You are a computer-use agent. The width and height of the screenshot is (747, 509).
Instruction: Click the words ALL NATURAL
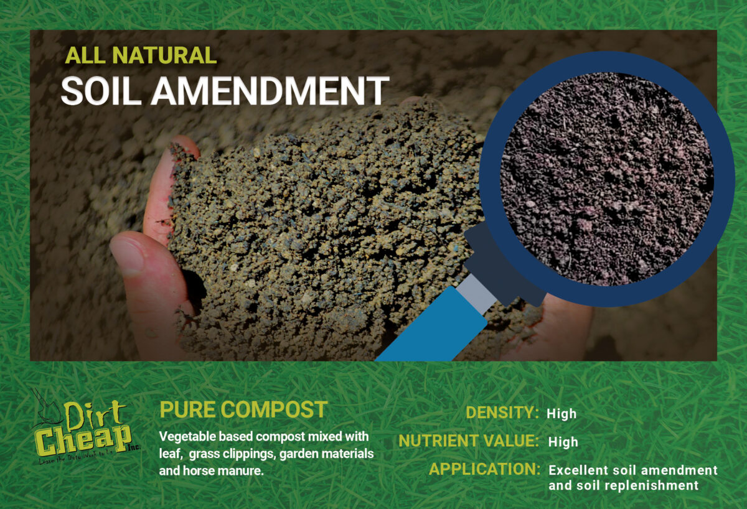pyautogui.click(x=141, y=56)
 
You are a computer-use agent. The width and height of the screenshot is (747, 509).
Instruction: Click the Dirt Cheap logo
pyautogui.click(x=85, y=429)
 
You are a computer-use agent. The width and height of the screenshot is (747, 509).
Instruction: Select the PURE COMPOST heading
pyautogui.click(x=243, y=410)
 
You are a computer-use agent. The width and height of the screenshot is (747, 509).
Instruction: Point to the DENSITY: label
pyautogui.click(x=502, y=413)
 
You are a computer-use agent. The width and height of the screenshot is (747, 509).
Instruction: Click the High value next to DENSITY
pyautogui.click(x=561, y=414)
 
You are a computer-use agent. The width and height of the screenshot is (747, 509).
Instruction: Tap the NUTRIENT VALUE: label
pyautogui.click(x=468, y=441)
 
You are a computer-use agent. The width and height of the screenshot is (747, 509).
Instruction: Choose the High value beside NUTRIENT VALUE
pyautogui.click(x=563, y=442)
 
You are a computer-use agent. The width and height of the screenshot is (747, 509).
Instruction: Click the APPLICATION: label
pyautogui.click(x=484, y=469)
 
